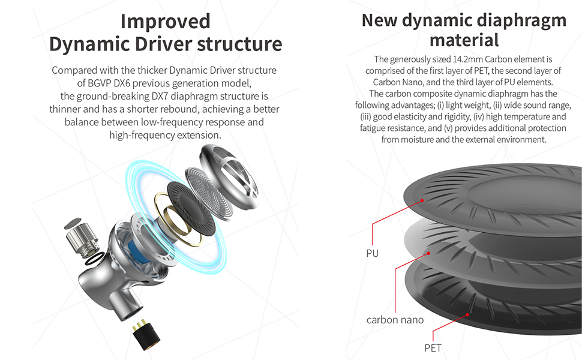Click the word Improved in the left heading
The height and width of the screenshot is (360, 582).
(x=165, y=22)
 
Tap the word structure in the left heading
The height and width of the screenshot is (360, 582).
(x=240, y=44)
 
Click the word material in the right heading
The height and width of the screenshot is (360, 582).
(x=464, y=40)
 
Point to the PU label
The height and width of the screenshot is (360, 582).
(x=372, y=253)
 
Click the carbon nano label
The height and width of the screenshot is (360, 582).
(x=395, y=320)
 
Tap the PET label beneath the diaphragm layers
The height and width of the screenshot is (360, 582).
(x=433, y=348)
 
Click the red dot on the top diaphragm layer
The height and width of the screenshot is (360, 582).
(x=422, y=200)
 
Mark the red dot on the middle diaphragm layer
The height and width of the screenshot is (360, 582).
(x=428, y=253)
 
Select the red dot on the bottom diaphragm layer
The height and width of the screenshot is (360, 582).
(x=467, y=315)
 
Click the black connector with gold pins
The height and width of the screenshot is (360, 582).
(x=146, y=336)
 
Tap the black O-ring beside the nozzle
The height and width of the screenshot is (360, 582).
(x=95, y=259)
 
